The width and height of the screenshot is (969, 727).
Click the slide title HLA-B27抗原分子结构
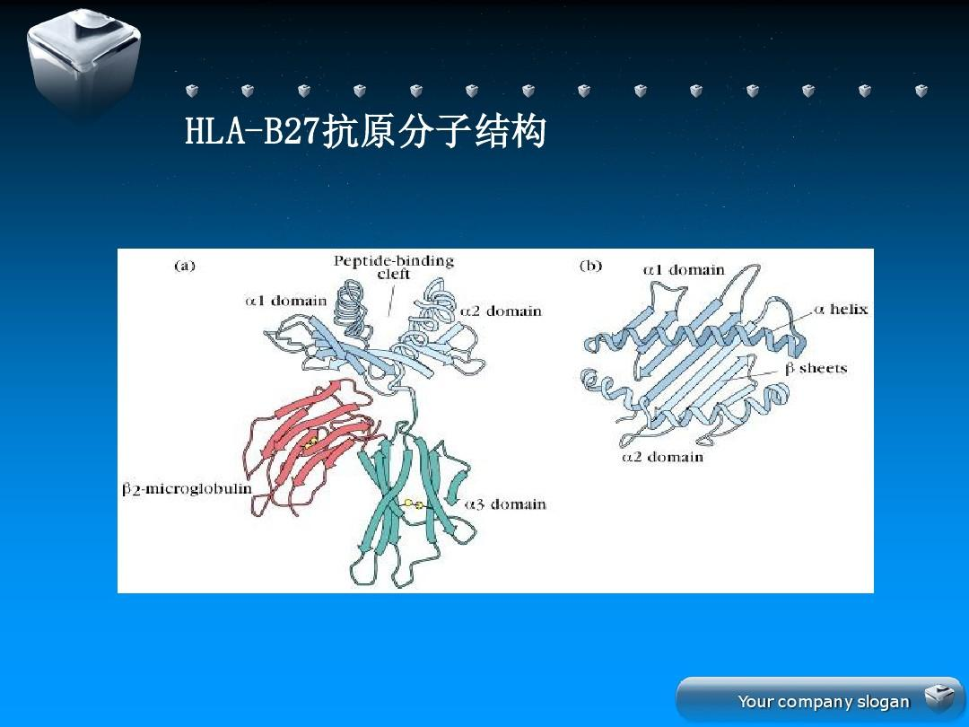tap(365, 131)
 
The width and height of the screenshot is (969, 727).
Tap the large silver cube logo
tap(84, 62)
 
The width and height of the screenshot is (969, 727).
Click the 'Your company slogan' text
tap(823, 702)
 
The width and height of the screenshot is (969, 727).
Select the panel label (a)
tap(185, 266)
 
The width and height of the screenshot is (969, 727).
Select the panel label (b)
tap(590, 266)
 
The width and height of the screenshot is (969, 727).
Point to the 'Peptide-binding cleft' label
tap(394, 267)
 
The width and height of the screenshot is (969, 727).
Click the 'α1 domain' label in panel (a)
tap(285, 301)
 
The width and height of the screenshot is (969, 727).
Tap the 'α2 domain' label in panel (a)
tap(501, 311)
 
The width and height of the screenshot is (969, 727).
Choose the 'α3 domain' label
tap(505, 504)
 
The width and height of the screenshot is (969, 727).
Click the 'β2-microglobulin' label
tap(187, 489)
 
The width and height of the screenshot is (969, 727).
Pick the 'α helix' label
tap(841, 309)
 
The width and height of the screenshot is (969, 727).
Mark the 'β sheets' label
tap(816, 369)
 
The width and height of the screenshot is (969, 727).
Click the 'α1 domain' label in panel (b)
tap(684, 270)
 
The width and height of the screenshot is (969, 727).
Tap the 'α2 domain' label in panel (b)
tap(662, 458)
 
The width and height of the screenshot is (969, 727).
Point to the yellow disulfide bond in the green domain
tap(413, 504)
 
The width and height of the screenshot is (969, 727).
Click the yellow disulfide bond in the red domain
tap(310, 442)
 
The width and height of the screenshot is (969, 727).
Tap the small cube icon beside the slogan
tap(939, 697)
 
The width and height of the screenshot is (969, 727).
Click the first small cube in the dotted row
tap(192, 91)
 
